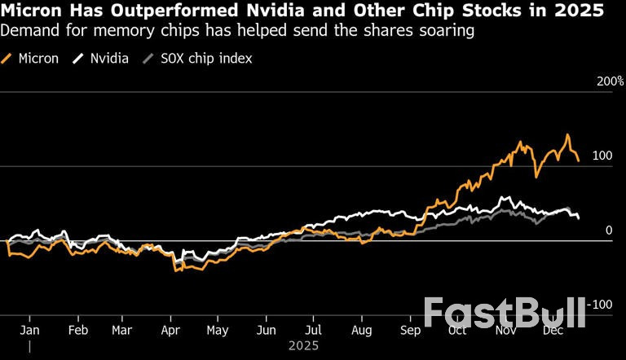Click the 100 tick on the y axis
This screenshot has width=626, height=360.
point(602,156)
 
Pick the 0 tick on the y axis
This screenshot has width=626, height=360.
point(608,230)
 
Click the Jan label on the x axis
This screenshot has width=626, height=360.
point(29,331)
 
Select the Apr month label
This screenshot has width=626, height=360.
point(170,331)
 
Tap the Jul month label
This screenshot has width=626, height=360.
point(314,331)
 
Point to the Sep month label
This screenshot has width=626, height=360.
point(410,331)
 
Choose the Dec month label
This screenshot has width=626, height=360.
point(554,331)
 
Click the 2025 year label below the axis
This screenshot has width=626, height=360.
point(303,345)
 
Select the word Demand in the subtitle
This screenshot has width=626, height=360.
point(29,32)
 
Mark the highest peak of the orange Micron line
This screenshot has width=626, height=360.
point(567,135)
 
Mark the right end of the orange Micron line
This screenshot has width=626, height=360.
point(579,160)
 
